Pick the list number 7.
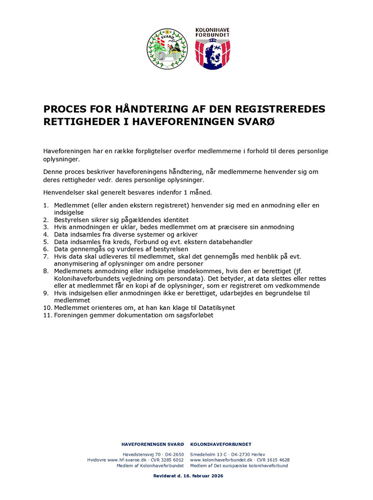[46, 256]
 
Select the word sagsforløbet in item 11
[191, 315]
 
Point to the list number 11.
[47, 315]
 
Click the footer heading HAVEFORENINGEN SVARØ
[153, 444]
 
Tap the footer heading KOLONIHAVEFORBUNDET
[221, 444]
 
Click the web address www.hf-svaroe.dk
[127, 460]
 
